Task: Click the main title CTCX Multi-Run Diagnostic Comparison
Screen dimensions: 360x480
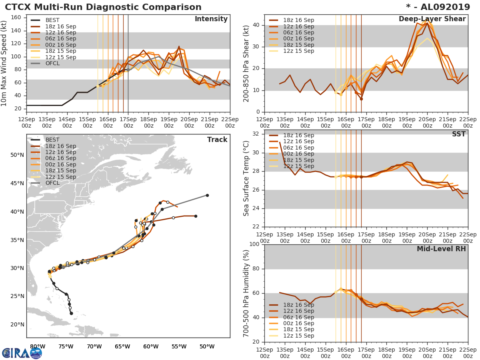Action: pyautogui.click(x=103, y=7)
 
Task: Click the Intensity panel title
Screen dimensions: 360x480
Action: pyautogui.click(x=211, y=19)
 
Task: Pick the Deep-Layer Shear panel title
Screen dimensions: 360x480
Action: pyautogui.click(x=432, y=19)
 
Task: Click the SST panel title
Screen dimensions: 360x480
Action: pyautogui.click(x=459, y=134)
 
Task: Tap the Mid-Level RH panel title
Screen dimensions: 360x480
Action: pyautogui.click(x=441, y=249)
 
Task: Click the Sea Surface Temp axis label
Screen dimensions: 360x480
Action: pyautogui.click(x=246, y=178)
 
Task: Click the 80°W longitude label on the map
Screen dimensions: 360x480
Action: pyautogui.click(x=37, y=346)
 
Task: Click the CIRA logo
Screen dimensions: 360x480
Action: pyautogui.click(x=22, y=352)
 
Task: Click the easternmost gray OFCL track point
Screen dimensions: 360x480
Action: pyautogui.click(x=207, y=195)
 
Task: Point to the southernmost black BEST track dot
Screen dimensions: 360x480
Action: pyautogui.click(x=71, y=313)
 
